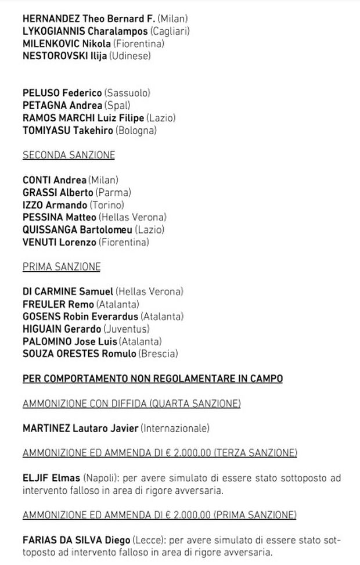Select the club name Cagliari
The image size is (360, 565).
(x=170, y=31)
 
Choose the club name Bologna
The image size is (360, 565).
(x=136, y=131)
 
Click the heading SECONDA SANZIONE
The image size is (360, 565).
(x=69, y=155)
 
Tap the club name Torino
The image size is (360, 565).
(x=107, y=205)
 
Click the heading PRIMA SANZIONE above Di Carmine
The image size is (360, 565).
(x=62, y=267)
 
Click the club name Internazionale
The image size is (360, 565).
(x=175, y=429)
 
